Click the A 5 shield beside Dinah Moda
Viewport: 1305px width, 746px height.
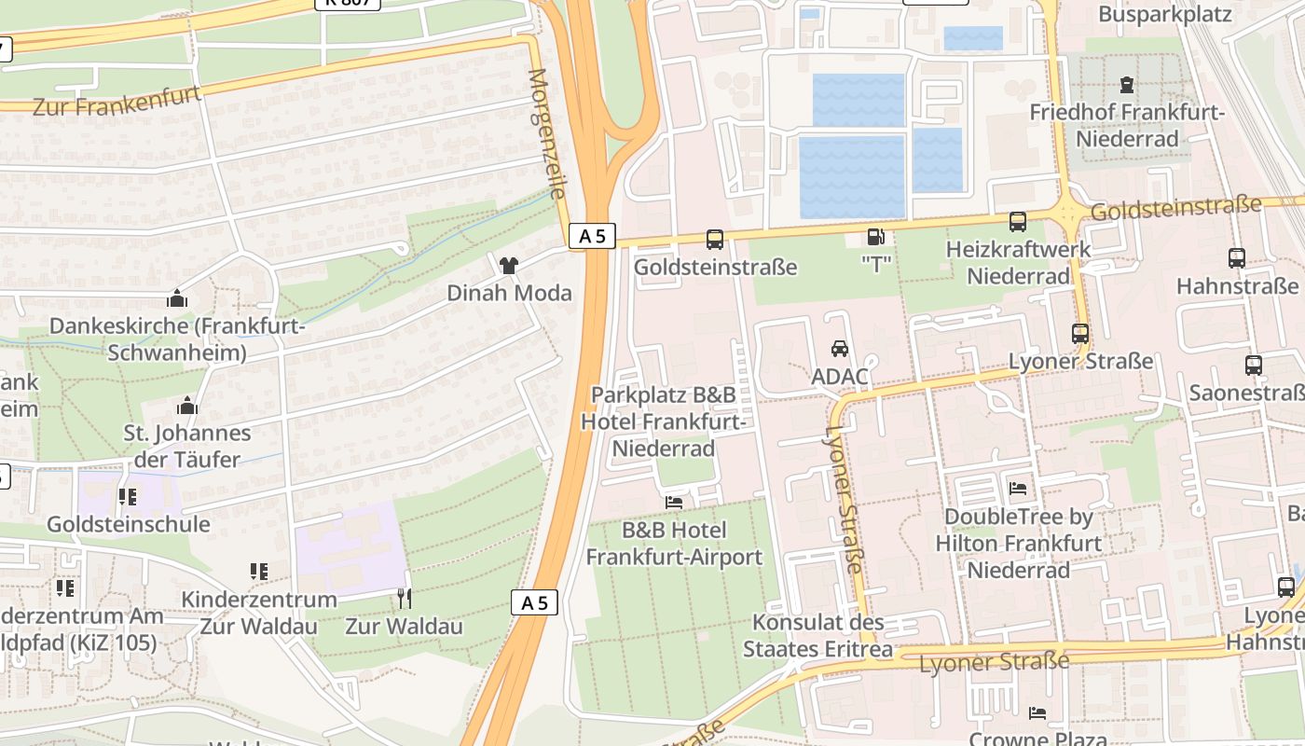point(592,237)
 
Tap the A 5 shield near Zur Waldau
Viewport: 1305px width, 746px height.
point(535,602)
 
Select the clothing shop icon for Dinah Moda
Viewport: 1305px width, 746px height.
point(508,266)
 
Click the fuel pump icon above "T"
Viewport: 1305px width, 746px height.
point(875,238)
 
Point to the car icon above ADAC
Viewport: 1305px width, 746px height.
point(840,349)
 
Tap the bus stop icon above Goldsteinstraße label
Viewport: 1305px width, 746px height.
point(715,240)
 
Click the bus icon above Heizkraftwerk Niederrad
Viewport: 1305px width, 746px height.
point(1018,222)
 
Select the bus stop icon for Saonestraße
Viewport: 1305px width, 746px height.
point(1254,366)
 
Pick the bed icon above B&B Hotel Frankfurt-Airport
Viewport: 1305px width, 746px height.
point(674,503)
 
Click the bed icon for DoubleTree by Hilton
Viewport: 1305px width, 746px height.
point(1018,488)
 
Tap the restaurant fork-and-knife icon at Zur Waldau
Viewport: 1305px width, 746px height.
point(404,598)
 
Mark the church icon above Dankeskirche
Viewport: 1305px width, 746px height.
point(177,298)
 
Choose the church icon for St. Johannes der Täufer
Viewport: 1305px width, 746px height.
point(187,406)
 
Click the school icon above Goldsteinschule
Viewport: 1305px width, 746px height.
point(128,496)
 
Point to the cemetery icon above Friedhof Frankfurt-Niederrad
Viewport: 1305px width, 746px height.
point(1128,85)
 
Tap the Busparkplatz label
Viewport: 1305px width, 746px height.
point(1165,14)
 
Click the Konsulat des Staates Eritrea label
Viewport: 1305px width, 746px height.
point(817,635)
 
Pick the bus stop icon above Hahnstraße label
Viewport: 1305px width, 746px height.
point(1237,258)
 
